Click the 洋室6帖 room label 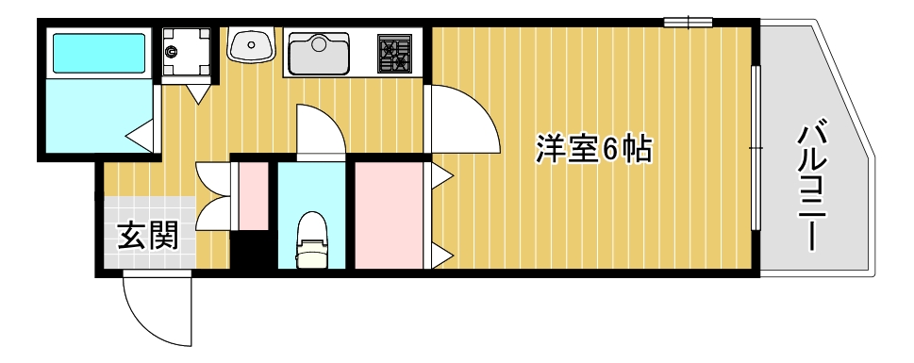(594, 149)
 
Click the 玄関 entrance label (147, 236)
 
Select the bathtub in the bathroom (98, 54)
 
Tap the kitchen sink (319, 53)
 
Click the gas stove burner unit (395, 53)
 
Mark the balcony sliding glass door (756, 148)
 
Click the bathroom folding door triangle (142, 136)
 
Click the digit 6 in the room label (610, 149)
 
